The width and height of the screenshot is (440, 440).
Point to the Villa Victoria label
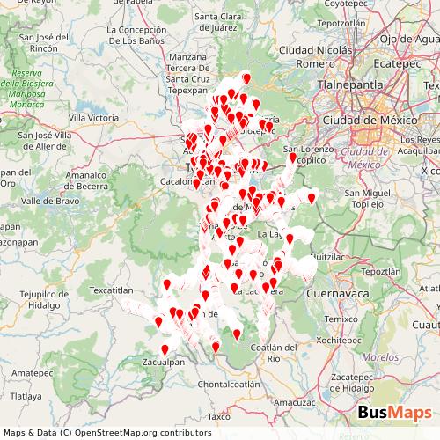click(93, 116)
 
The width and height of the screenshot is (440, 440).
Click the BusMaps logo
click(394, 412)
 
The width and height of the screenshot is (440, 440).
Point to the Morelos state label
click(380, 358)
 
